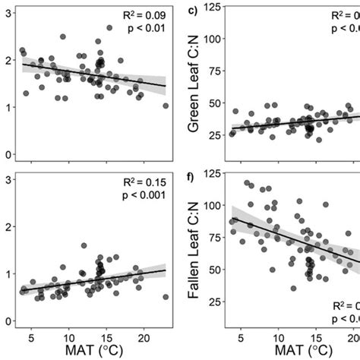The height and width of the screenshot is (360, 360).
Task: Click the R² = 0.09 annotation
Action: (x=144, y=15)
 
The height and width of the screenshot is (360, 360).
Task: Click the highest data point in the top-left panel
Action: (x=109, y=28)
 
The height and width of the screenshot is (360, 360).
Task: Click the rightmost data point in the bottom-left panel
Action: (x=166, y=297)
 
